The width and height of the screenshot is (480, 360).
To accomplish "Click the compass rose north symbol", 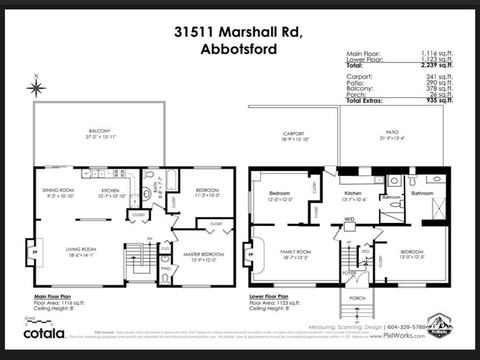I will coord(36,87).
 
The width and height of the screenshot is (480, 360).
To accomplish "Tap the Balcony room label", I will coord(99,131).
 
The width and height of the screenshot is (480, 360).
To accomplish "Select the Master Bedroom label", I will coord(203,254).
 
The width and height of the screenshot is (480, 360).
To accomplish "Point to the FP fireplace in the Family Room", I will coord(250,255).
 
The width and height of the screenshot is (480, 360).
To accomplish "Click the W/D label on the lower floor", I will coord(349,219).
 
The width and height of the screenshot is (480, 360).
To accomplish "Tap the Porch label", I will coord(357,298).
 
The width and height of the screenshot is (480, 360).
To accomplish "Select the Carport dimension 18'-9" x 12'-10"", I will coord(296,139).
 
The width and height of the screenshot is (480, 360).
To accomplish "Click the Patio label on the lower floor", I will coord(392,133).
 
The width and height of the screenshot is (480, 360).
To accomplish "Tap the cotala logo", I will coord(45,333).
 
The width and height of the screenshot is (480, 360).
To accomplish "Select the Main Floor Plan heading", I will coord(54,296).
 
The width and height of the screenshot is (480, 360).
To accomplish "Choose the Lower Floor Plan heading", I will coord(269,296).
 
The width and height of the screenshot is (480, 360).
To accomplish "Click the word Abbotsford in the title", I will coord(239,49).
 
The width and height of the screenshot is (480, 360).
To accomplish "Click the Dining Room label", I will coord(58,190).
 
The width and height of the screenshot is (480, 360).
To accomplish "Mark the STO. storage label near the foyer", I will coord(366,251).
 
